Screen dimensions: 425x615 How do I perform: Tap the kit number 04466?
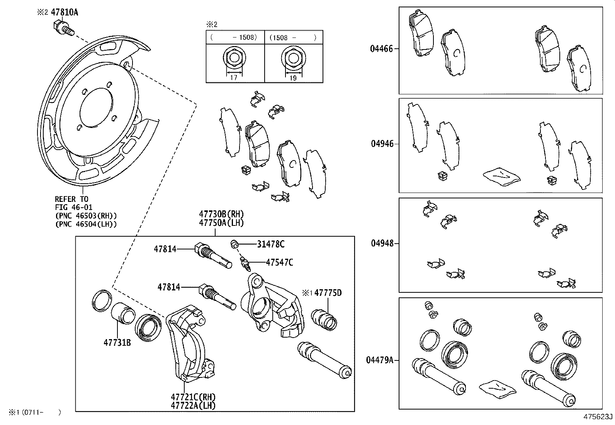tap(381, 49)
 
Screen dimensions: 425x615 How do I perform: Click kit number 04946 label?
tap(382, 144)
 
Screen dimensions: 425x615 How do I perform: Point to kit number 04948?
tap(382, 243)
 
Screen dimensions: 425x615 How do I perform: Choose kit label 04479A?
tap(379, 360)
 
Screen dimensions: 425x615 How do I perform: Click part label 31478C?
tap(271, 244)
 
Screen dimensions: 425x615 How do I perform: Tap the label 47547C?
tap(279, 263)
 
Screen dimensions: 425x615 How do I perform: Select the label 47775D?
tap(328, 293)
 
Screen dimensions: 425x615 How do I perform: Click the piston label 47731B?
tap(117, 342)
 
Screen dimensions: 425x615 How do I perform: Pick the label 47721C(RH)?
tap(193, 397)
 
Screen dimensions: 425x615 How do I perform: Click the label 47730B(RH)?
tap(221, 214)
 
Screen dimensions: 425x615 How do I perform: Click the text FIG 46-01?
tap(74, 208)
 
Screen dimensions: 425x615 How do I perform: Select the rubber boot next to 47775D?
tap(324, 319)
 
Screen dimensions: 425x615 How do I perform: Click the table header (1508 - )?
tap(293, 38)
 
